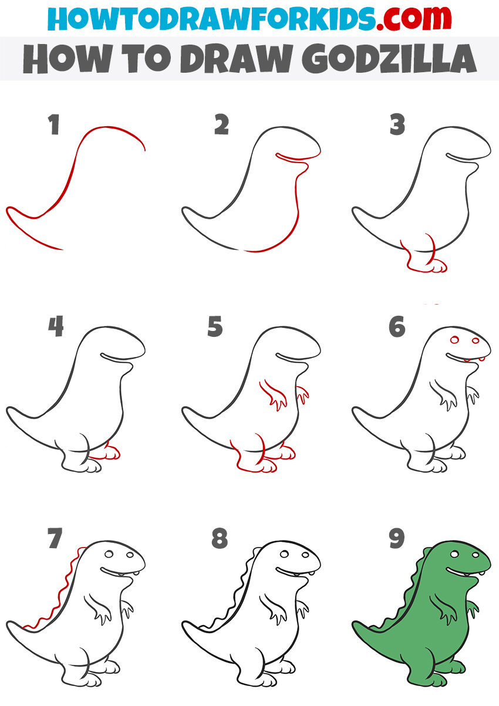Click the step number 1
click(55, 124)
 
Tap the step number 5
click(215, 327)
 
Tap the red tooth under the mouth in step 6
click(468, 360)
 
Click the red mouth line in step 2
click(296, 157)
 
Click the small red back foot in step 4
click(110, 452)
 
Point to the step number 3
click(397, 124)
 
